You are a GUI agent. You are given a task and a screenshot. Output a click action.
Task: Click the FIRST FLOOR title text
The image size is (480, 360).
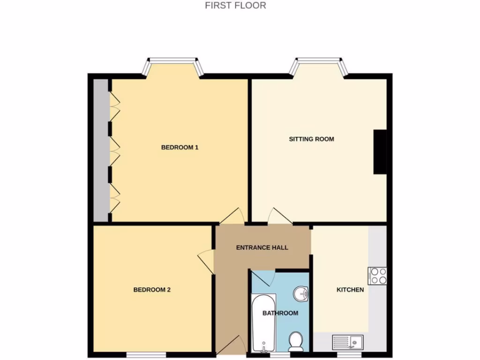[x=235, y=6]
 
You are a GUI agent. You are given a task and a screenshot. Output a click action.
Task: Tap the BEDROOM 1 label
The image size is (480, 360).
[x=180, y=147]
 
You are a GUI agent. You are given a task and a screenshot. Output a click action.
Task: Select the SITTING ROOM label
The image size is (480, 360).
[x=311, y=139]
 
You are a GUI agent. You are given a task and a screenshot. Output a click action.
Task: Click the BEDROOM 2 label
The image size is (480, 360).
[x=152, y=290]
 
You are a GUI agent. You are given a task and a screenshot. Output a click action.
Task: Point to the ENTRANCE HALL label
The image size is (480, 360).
[x=262, y=247]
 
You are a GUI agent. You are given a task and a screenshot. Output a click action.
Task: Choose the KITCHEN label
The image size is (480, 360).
[x=350, y=290]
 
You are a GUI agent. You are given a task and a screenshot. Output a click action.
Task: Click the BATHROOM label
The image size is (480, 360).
[x=280, y=313]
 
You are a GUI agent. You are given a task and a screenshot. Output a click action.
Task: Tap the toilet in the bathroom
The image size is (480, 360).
[x=296, y=341]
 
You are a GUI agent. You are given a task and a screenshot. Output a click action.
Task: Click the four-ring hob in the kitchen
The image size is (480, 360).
[x=378, y=276]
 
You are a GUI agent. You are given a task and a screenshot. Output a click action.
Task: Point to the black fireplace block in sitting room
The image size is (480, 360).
[x=380, y=152]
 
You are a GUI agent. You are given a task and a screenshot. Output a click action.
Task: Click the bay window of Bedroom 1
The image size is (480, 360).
[x=172, y=66]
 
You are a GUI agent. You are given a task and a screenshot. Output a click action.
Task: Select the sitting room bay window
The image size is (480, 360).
[x=318, y=66]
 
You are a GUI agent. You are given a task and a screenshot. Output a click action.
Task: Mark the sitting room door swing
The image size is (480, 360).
[x=278, y=217]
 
